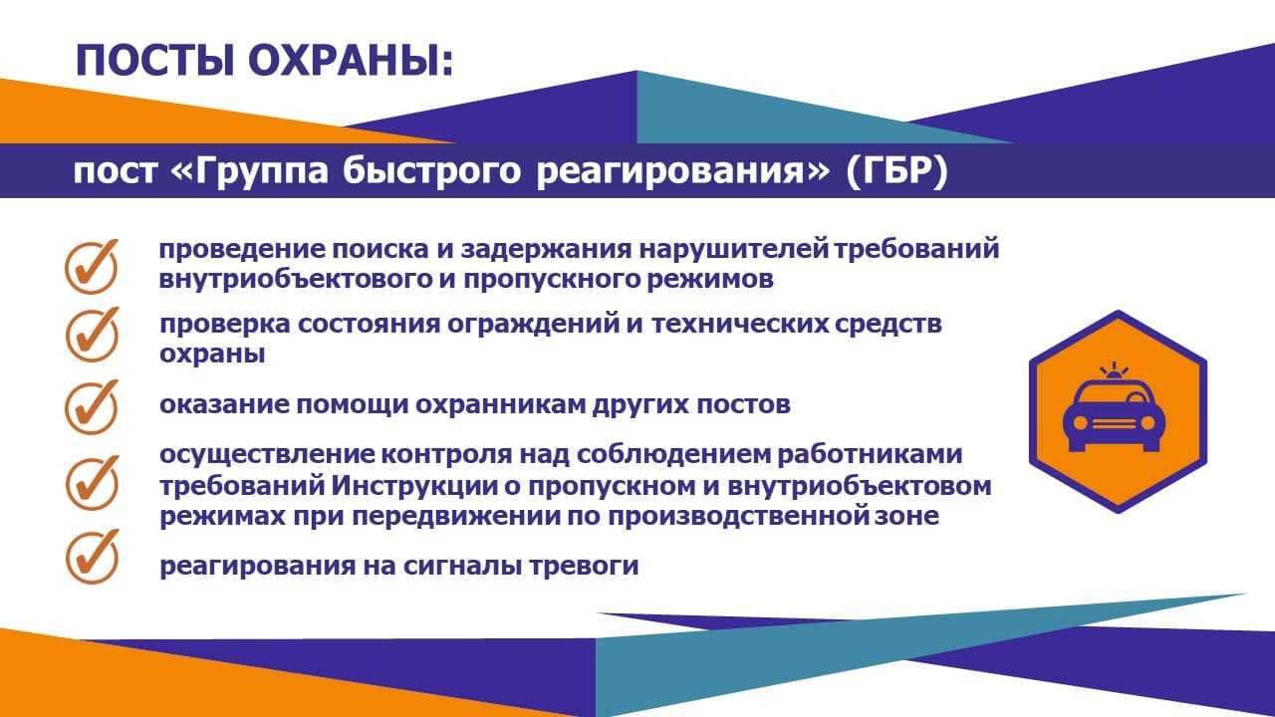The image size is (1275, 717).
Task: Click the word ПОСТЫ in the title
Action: [x=154, y=61]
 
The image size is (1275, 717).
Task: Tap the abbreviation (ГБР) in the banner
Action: [x=897, y=170]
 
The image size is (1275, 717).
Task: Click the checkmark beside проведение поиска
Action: [x=92, y=266]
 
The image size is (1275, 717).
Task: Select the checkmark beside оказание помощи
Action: [x=92, y=407]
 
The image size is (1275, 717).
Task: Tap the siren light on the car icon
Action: [x=1114, y=370]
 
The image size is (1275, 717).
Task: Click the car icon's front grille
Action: [x=1114, y=424]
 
